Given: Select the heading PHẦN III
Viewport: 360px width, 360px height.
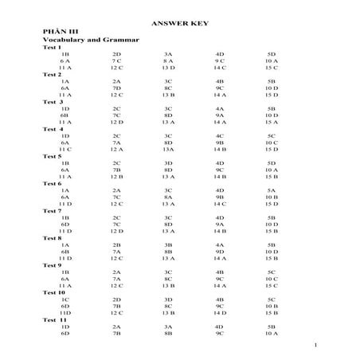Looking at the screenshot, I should point(58,31).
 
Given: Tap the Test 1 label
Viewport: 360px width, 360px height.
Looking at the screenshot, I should point(52,47).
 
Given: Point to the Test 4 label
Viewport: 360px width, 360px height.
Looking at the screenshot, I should point(53,128).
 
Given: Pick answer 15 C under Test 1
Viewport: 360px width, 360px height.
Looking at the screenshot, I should point(272,68).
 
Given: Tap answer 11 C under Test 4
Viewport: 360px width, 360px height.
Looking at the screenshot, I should point(65,149).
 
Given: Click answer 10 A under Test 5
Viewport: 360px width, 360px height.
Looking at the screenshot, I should point(272,170).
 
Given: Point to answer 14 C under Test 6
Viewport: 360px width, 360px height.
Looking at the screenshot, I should point(220,204).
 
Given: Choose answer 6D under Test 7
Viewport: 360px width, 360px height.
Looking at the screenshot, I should point(65,225).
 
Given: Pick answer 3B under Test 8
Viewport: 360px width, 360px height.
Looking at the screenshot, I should point(168,245).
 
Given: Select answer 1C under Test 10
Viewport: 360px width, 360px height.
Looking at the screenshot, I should point(65,299).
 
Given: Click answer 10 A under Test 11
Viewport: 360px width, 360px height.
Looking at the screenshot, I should point(272,334).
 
